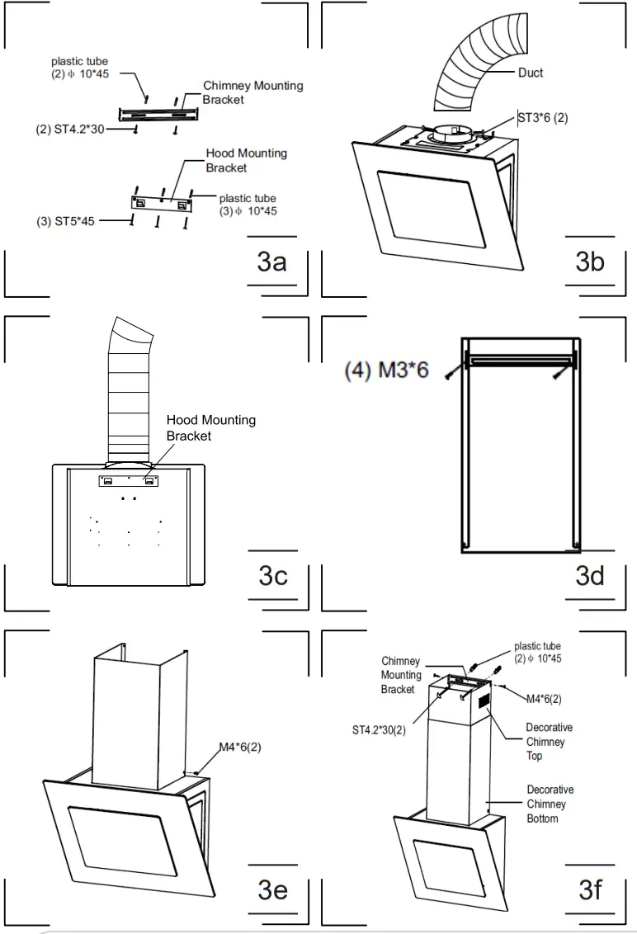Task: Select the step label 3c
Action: click(x=272, y=575)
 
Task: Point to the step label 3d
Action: click(x=590, y=575)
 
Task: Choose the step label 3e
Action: click(x=272, y=889)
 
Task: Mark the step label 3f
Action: click(x=590, y=889)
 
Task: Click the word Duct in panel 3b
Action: click(x=531, y=73)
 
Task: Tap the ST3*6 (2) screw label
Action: click(x=543, y=118)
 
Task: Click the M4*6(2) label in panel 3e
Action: click(x=240, y=747)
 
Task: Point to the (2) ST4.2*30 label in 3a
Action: click(x=69, y=130)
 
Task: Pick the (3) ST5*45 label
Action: click(x=65, y=221)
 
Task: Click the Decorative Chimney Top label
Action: click(x=549, y=742)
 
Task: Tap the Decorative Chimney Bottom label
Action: click(x=550, y=804)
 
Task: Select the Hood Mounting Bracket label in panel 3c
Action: click(x=211, y=427)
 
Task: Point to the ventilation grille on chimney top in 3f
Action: click(x=484, y=700)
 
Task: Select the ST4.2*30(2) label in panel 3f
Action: click(x=379, y=729)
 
